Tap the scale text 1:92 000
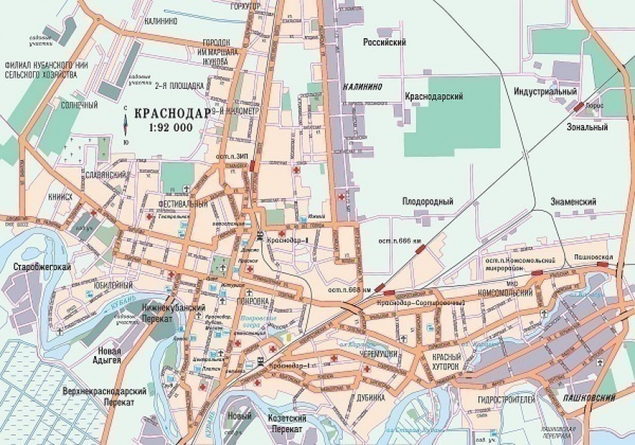point(170,127)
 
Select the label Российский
point(383,43)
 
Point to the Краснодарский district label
point(434,96)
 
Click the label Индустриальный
point(545,91)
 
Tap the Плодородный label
point(428,201)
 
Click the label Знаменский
point(573,202)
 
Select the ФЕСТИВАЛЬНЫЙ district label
point(183,203)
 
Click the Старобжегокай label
point(36,266)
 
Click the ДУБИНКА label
point(370,398)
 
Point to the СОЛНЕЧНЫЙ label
point(79,105)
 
